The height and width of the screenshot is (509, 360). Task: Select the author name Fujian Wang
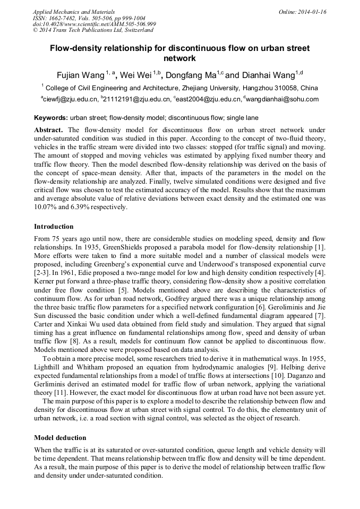click(80, 75)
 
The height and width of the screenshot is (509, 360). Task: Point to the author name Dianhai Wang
click(268, 75)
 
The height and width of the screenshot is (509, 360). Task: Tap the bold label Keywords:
click(51, 117)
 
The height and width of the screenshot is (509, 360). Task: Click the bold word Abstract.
click(49, 130)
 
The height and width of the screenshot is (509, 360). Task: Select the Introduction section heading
click(54, 227)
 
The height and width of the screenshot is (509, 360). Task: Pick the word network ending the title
click(179, 58)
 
